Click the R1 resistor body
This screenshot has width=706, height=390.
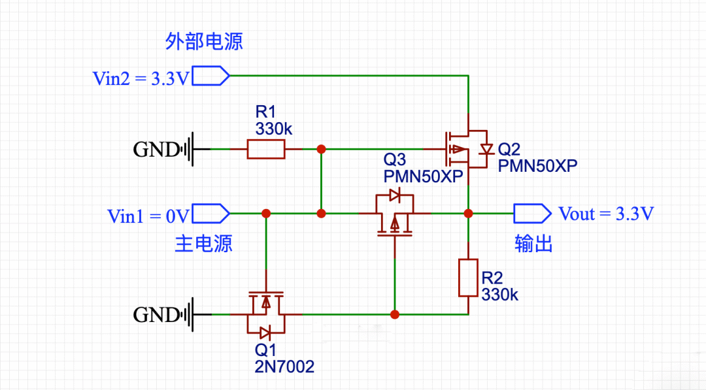point(266,149)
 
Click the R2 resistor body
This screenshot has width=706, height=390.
point(468,277)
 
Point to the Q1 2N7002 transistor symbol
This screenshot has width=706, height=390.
point(265,313)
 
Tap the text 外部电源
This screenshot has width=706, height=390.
point(204,42)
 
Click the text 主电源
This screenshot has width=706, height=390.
point(203,244)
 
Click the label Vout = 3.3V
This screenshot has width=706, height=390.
point(606,214)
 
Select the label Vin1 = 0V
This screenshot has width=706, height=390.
point(148,216)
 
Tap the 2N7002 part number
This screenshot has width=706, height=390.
point(284,366)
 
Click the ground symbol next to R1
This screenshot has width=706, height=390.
point(192,150)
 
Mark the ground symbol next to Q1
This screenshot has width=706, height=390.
point(192,314)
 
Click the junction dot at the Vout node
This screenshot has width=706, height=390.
point(468,213)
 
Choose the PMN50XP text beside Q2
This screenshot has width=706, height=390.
point(537,166)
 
